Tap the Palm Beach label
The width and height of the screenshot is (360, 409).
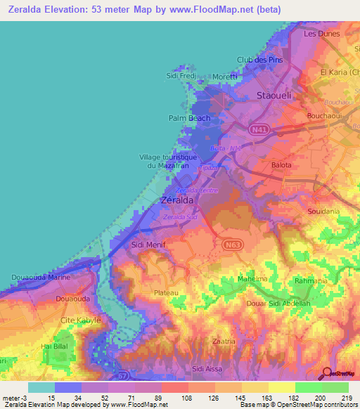click(x=189, y=118)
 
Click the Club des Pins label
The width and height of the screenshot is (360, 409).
click(x=259, y=60)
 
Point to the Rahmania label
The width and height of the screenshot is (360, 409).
click(x=311, y=281)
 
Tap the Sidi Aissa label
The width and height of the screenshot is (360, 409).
click(x=210, y=368)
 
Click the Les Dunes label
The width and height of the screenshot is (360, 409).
click(x=321, y=33)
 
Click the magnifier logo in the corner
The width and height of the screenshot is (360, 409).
click(x=327, y=374)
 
